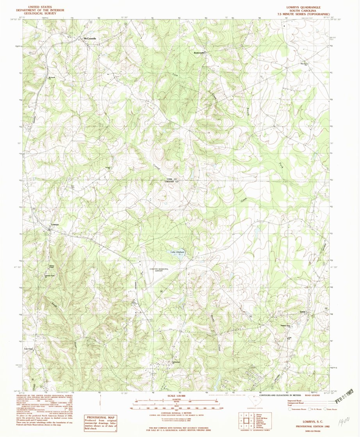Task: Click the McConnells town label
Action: tap(90, 38)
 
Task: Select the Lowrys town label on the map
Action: tap(55, 225)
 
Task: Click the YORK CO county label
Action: tap(172, 178)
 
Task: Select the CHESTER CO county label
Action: tap(172, 182)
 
